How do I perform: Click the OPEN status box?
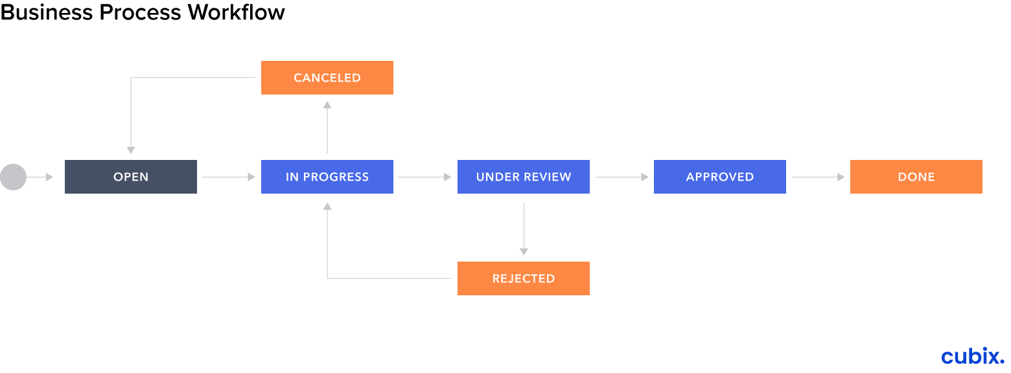(131, 177)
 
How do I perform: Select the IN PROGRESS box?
(327, 177)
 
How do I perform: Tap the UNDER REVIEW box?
(524, 177)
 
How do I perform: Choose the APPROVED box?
(720, 177)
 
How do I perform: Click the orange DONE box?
(916, 177)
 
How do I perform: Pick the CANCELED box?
(327, 78)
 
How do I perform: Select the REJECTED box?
(524, 278)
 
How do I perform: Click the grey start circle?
(13, 177)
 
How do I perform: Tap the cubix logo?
(973, 356)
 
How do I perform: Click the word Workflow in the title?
(237, 12)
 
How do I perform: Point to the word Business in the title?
(47, 12)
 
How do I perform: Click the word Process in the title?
(141, 12)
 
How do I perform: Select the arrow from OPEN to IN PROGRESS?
(229, 177)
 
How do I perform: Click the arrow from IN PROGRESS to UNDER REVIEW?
(424, 177)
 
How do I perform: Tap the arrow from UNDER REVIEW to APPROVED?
(622, 177)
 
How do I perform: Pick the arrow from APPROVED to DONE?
(818, 177)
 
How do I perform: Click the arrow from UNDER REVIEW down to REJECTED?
(524, 229)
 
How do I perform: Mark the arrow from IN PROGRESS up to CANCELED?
(327, 128)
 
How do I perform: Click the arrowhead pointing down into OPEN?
(131, 150)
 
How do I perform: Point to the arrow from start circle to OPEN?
(40, 177)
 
